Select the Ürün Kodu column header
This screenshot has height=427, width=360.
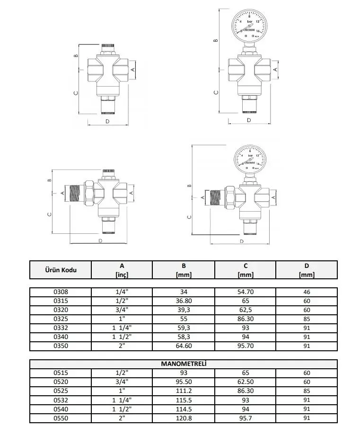point(60,270)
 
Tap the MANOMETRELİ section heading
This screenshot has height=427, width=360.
point(184,364)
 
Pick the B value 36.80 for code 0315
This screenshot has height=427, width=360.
point(183,301)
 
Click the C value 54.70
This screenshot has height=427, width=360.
point(246,292)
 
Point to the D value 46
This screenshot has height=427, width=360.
point(307,292)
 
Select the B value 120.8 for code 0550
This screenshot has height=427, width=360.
point(183,418)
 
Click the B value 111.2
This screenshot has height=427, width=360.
point(183,391)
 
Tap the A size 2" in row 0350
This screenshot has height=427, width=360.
point(121,347)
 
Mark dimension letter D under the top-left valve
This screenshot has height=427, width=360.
point(107,121)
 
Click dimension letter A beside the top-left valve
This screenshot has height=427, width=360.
point(132,69)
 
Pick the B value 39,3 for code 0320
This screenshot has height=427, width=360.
point(183,310)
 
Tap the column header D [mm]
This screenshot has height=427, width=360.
point(307,270)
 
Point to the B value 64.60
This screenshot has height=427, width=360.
point(183,347)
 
